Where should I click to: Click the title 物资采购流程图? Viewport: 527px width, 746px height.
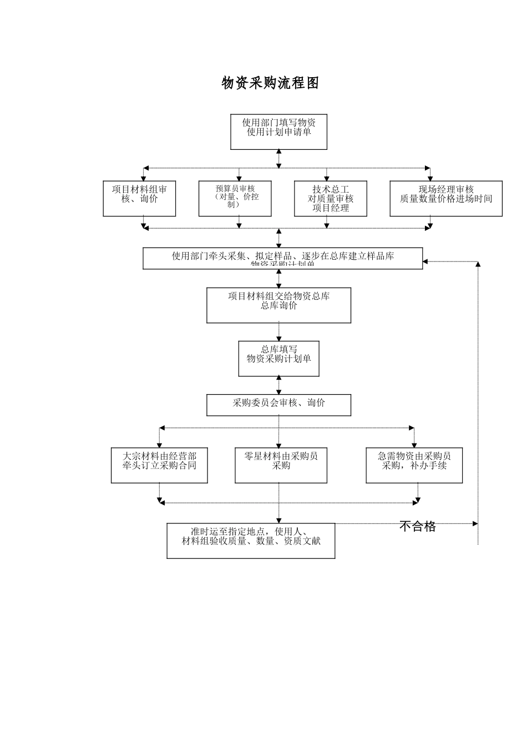[x=270, y=83]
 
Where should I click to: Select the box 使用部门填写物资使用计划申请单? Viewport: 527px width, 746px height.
[x=278, y=132]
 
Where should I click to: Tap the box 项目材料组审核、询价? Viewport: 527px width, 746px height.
[x=139, y=198]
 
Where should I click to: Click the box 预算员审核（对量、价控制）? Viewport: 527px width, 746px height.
[x=235, y=198]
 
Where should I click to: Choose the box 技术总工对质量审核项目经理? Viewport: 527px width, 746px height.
[x=330, y=198]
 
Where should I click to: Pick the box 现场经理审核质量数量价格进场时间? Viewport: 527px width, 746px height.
[x=445, y=198]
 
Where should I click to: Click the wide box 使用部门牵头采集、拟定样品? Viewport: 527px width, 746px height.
[x=282, y=258]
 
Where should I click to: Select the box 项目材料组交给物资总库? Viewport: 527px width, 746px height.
[x=278, y=305]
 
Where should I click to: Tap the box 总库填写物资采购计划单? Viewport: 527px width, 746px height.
[x=278, y=358]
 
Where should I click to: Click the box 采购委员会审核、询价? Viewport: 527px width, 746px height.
[x=278, y=405]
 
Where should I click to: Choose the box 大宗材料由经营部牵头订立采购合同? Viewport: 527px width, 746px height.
[x=159, y=465]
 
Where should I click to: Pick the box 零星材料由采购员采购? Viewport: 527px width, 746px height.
[x=281, y=465]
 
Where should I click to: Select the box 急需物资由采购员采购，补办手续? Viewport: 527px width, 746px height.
[x=414, y=465]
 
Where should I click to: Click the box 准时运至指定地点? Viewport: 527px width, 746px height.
[x=251, y=540]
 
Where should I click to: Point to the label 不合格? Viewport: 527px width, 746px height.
[x=417, y=526]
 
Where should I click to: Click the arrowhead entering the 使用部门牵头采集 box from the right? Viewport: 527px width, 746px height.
[x=425, y=261]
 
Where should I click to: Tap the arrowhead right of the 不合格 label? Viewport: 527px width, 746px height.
[x=475, y=523]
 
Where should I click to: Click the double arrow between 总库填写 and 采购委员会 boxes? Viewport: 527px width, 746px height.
[x=278, y=385]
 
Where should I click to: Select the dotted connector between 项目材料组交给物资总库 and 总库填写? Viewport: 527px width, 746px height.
[x=278, y=332]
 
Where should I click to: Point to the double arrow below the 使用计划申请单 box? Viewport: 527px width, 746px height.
[x=278, y=158]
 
